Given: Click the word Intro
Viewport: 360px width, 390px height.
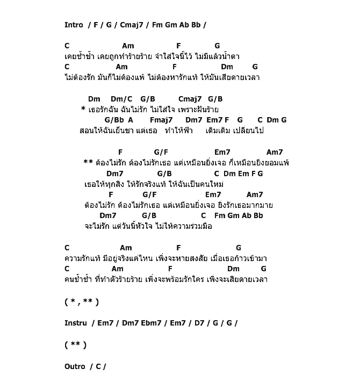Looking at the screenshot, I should pyautogui.click(x=74, y=25).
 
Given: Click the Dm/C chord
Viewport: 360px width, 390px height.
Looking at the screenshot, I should pyautogui.click(x=121, y=99).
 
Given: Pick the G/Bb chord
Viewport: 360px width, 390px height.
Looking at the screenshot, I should pyautogui.click(x=114, y=120).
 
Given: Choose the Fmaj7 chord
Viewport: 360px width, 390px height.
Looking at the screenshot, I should pyautogui.click(x=161, y=120).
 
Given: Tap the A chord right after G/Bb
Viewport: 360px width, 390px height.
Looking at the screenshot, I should pyautogui.click(x=131, y=120).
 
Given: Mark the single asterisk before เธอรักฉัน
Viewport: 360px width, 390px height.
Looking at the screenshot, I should pyautogui.click(x=83, y=110).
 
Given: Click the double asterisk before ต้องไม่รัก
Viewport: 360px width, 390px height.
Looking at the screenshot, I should pyautogui.click(x=88, y=162).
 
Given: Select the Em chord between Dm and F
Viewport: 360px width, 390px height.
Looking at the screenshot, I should pyautogui.click(x=243, y=174).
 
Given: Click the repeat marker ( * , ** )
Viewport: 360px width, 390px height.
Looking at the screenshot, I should pyautogui.click(x=82, y=302).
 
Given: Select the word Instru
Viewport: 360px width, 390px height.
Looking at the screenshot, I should pyautogui.click(x=75, y=323).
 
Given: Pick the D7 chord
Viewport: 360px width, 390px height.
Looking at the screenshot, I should pyautogui.click(x=199, y=323).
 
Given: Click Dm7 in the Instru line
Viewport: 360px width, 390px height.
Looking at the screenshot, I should pyautogui.click(x=130, y=323).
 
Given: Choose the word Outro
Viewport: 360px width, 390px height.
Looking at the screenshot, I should pyautogui.click(x=75, y=366).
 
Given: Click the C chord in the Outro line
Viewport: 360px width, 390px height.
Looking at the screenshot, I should pyautogui.click(x=98, y=366).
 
